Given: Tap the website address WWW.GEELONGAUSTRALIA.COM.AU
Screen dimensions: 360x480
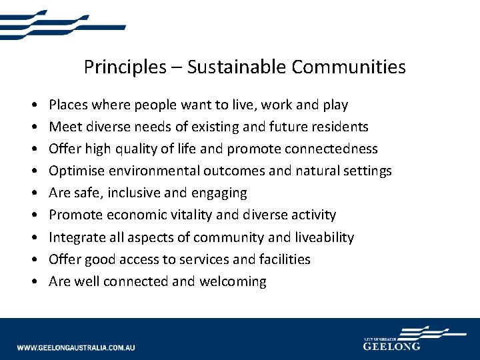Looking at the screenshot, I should tap(76, 347).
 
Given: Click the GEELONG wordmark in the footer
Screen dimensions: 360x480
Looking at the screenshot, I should tap(392, 346).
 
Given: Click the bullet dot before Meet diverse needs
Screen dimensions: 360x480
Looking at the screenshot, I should tap(33, 127).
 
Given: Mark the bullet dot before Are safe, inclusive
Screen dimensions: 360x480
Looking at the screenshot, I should tap(33, 193).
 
